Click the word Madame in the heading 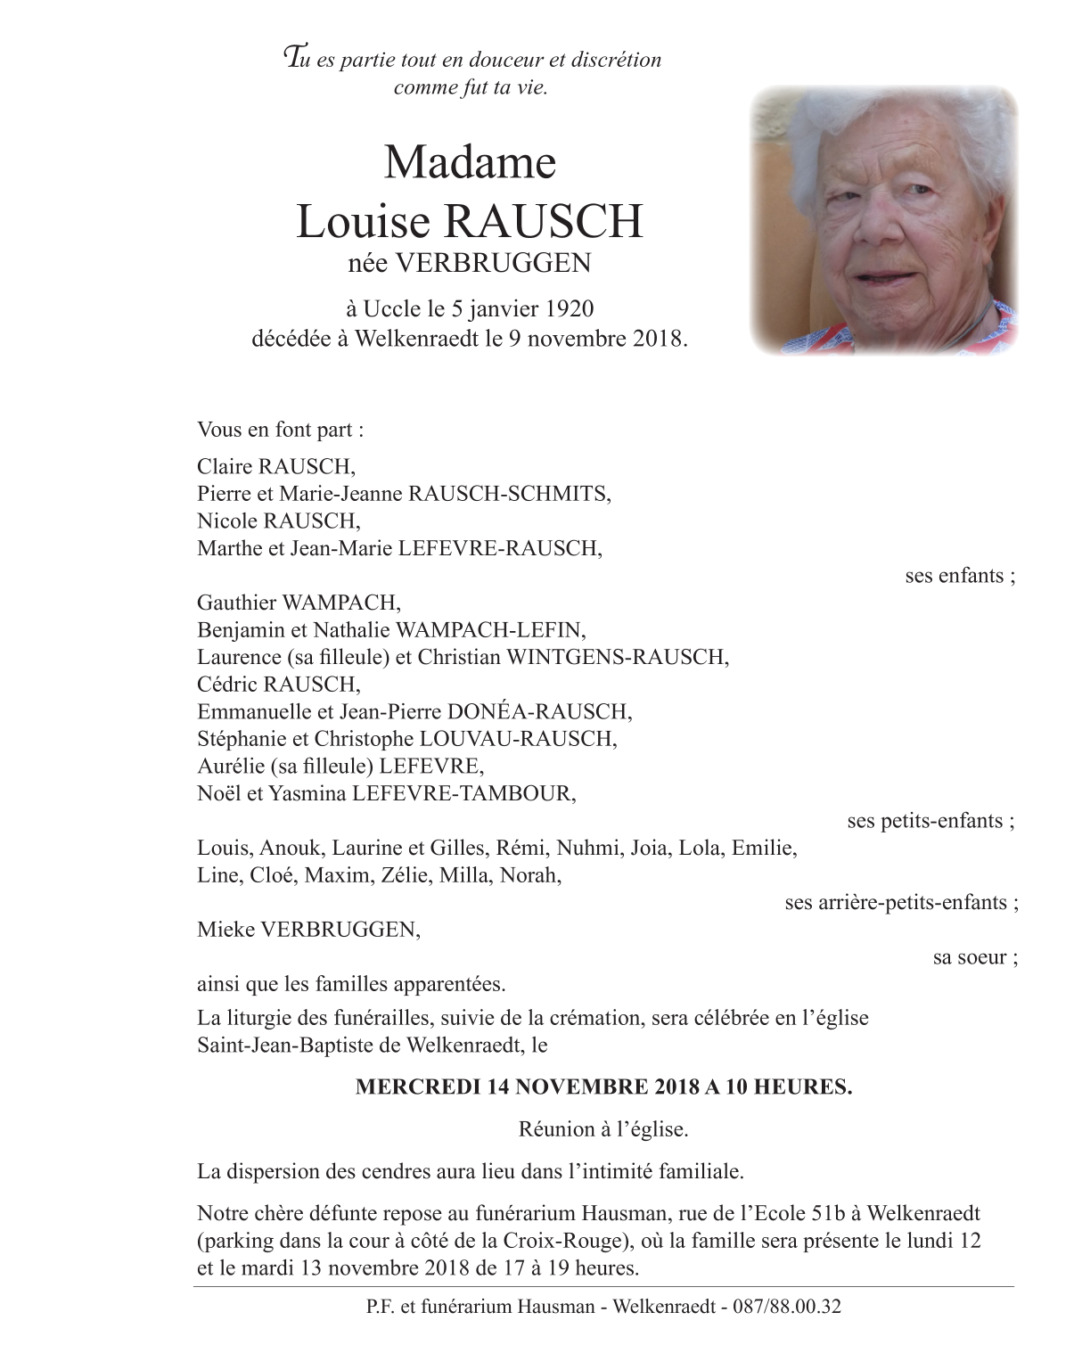[x=470, y=163]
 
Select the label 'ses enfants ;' [x=960, y=576]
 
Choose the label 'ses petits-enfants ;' [x=930, y=821]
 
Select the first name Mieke [x=225, y=931]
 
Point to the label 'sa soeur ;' [x=975, y=958]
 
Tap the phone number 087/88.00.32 [x=786, y=1308]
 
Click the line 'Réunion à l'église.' [x=603, y=1130]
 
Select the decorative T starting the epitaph [x=291, y=58]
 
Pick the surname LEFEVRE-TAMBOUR [x=463, y=793]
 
